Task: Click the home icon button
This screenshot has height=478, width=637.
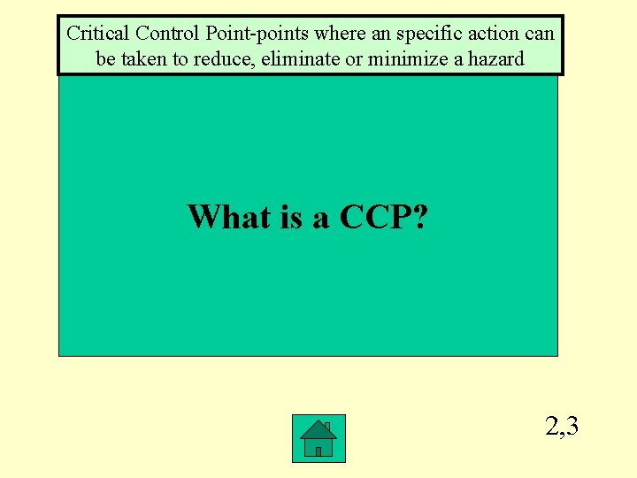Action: tap(318, 438)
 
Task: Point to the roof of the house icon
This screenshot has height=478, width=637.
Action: tap(318, 429)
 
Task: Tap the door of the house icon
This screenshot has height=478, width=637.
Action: tap(318, 450)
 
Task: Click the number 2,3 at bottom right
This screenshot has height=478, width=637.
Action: tap(562, 428)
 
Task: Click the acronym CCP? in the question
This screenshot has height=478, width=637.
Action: tap(381, 216)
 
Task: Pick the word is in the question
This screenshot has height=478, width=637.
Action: tap(292, 216)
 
